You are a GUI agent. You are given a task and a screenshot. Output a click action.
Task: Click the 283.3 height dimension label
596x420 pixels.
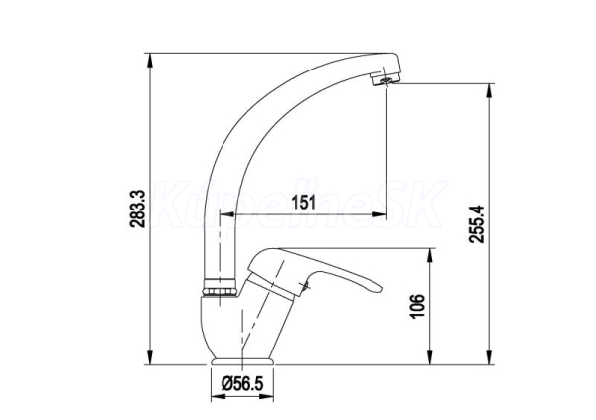(137, 209)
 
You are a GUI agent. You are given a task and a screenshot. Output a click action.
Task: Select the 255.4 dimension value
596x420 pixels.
(476, 223)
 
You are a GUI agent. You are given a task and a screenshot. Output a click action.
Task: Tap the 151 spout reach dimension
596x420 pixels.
(303, 203)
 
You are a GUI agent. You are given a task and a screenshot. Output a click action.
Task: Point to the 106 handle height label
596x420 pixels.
(417, 306)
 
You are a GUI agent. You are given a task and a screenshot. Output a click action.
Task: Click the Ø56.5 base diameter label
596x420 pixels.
(242, 384)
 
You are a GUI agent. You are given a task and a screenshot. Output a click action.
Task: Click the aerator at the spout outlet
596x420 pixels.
(385, 80)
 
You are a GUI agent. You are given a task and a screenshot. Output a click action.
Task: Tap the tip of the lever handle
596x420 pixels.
(381, 287)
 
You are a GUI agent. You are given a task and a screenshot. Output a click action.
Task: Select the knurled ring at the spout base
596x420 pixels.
(220, 287)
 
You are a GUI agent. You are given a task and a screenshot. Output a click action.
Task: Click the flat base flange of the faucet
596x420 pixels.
(242, 361)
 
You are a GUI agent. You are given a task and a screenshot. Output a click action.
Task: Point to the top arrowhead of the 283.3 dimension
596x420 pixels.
(151, 60)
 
